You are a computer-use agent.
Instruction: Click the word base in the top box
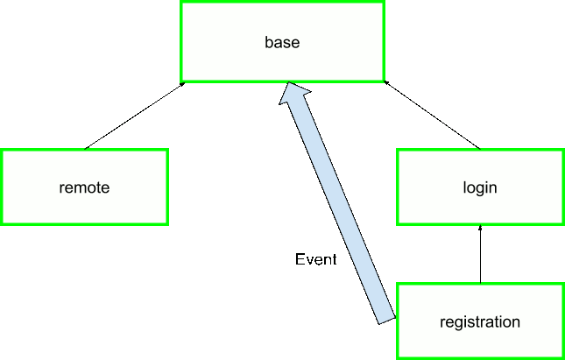(x=282, y=41)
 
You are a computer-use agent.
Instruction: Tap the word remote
(x=84, y=187)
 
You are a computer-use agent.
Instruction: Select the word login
(x=480, y=187)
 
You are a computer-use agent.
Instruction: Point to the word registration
(x=480, y=321)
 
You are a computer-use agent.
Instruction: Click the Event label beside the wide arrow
(x=315, y=259)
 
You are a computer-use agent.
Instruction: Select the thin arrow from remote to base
(x=133, y=116)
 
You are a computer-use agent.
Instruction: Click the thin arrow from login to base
(x=433, y=115)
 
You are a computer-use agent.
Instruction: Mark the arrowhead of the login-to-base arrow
(x=385, y=82)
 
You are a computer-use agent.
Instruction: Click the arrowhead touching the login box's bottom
(x=480, y=228)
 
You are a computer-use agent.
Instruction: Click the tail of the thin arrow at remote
(x=85, y=148)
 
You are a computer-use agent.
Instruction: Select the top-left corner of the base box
(x=181, y=3)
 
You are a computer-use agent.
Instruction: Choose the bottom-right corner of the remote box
(x=166, y=223)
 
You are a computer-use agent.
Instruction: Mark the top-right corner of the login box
(x=561, y=151)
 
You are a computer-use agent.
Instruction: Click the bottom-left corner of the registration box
(x=398, y=356)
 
